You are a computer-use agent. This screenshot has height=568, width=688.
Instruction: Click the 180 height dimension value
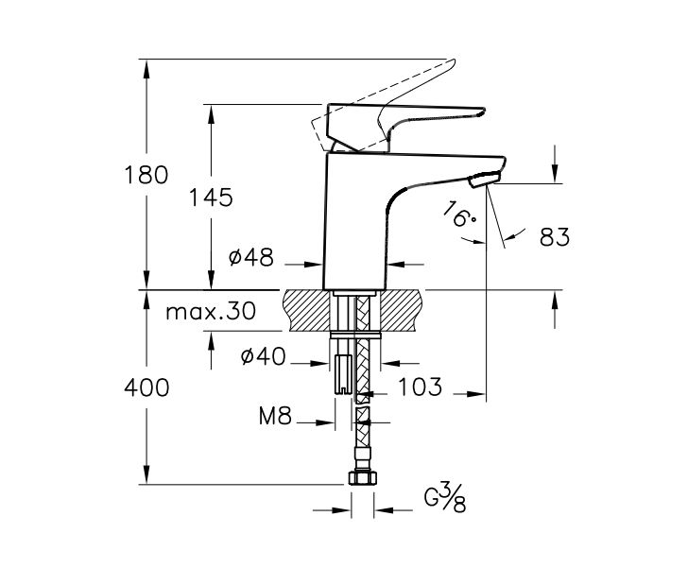tap(146, 175)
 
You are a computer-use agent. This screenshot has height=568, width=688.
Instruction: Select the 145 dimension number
tap(210, 198)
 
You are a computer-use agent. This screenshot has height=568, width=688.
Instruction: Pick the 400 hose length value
tap(146, 387)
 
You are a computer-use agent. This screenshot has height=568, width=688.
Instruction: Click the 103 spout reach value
tap(421, 387)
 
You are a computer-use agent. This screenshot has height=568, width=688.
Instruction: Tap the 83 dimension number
tap(554, 237)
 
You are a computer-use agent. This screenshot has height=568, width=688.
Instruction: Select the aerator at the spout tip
tap(484, 177)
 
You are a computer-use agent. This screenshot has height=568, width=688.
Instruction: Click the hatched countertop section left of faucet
tap(307, 309)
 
